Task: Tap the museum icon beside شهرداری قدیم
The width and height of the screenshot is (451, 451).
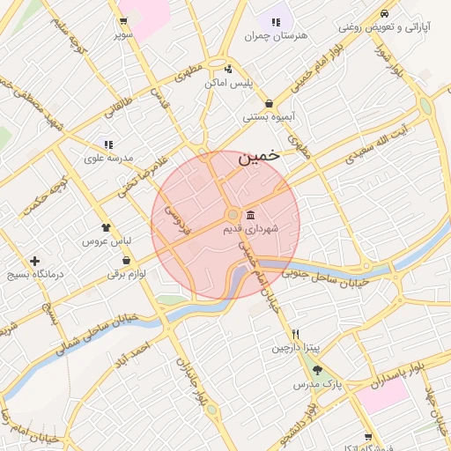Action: click(251, 216)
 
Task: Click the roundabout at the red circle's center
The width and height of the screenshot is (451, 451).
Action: click(232, 215)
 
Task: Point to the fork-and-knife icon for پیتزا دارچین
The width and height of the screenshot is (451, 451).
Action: click(296, 335)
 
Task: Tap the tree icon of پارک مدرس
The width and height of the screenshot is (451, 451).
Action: click(317, 371)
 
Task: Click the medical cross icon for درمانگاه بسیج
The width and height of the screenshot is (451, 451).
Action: click(34, 261)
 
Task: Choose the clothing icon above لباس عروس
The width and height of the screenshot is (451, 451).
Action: click(107, 227)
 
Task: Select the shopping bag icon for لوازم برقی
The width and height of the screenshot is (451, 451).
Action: click(128, 261)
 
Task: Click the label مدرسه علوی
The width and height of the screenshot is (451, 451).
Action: click(107, 158)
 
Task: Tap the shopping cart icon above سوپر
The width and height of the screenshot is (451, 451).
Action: click(122, 23)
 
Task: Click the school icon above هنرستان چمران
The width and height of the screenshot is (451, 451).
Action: click(276, 23)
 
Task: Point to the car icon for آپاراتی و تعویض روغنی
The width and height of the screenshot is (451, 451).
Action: click(385, 14)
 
